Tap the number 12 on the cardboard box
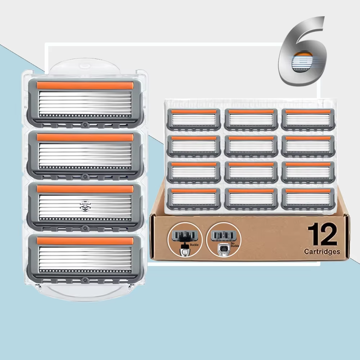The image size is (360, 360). click(323, 234)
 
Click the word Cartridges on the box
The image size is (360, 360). click(322, 252)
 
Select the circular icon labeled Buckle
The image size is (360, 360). click(185, 239)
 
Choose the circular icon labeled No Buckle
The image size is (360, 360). click(224, 239)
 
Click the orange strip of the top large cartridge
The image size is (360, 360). click(85, 85)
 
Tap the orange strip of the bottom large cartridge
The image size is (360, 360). click(85, 241)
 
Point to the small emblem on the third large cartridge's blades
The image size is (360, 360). click(85, 206)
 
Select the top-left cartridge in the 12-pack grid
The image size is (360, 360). click(194, 120)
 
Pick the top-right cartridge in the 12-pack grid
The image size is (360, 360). click(308, 120)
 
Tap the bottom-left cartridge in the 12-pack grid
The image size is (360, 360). click(194, 199)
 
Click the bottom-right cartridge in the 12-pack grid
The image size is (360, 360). click(308, 199)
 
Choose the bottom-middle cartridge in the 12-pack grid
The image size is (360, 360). click(251, 199)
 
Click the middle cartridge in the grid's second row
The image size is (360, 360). click(251, 146)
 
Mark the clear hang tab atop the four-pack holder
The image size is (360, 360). click(85, 67)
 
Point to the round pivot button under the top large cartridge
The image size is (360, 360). click(85, 125)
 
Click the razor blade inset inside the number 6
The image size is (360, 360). click(302, 62)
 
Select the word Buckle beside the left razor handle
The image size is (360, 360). click(194, 245)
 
